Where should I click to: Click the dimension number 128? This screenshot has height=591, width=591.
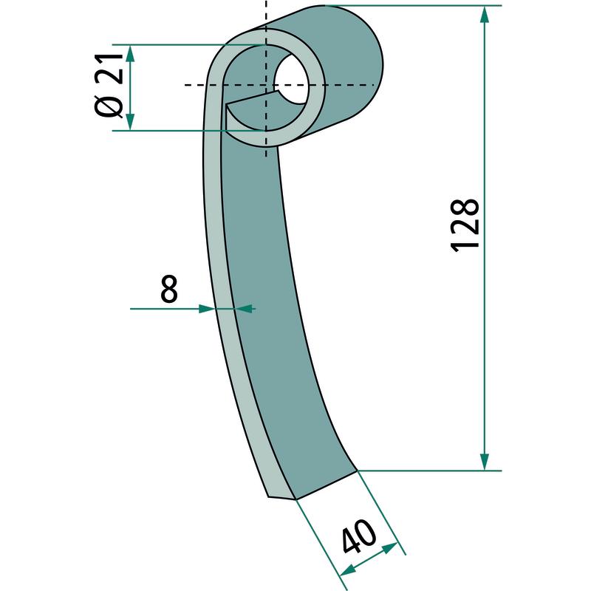point(465,225)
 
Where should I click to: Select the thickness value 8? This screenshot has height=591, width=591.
point(169,289)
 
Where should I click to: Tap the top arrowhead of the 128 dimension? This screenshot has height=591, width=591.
point(485,15)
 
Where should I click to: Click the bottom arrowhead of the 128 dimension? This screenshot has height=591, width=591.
point(485,461)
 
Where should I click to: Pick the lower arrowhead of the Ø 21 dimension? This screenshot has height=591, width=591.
point(130,121)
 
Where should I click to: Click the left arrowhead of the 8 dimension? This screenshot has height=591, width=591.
point(207,309)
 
